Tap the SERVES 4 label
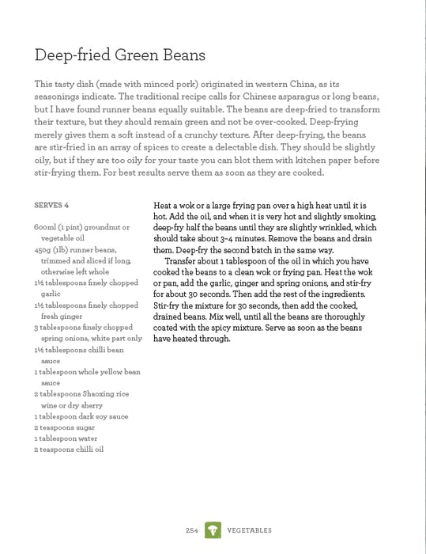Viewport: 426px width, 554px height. coord(51,205)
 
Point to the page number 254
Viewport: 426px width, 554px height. coord(192,530)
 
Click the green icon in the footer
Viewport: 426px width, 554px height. coord(213,530)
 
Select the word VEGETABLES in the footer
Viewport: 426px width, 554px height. coord(250,530)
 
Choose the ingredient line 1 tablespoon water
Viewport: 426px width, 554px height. coord(66,438)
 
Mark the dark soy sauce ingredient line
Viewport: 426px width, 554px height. coord(81,415)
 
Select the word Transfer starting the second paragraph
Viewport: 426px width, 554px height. coord(183,261)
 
